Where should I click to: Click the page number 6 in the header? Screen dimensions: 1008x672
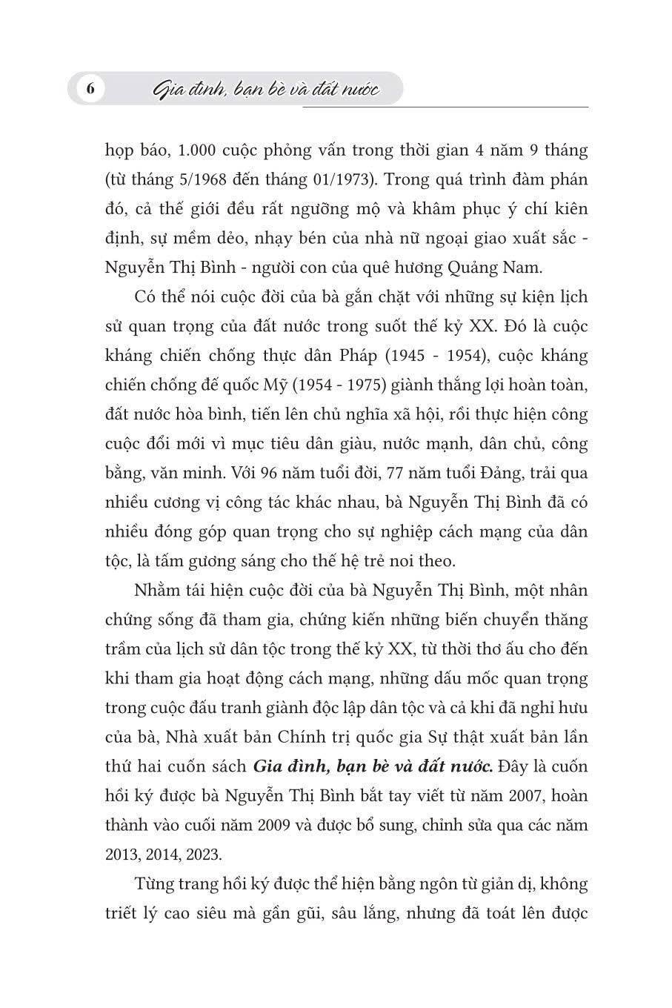pos(90,90)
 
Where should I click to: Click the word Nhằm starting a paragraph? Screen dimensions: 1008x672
pos(156,590)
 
